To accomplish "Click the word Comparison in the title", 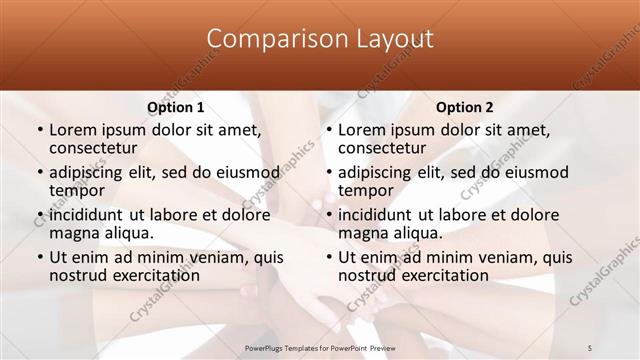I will tap(267, 39).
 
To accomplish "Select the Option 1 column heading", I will tap(176, 107).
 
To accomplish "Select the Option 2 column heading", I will tap(464, 107).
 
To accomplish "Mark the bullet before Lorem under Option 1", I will tap(39, 130).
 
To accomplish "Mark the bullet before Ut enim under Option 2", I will tap(328, 258).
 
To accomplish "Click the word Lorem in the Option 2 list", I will tap(362, 129).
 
